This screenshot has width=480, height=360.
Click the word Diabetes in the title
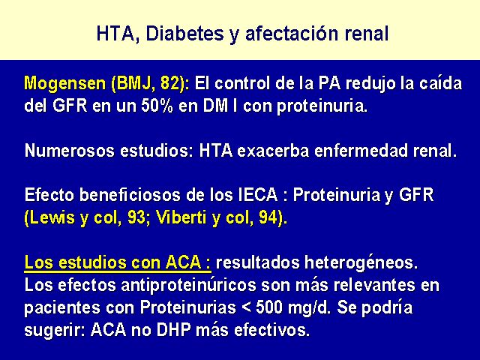[184, 33]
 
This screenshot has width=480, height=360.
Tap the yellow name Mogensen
[65, 84]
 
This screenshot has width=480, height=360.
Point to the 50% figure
[157, 106]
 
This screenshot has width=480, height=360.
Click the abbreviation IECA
[258, 195]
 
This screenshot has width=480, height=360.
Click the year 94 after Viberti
[268, 217]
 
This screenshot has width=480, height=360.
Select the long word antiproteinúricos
[188, 285]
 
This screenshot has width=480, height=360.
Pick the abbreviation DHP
[174, 330]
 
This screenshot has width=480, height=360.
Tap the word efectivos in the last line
[271, 330]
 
